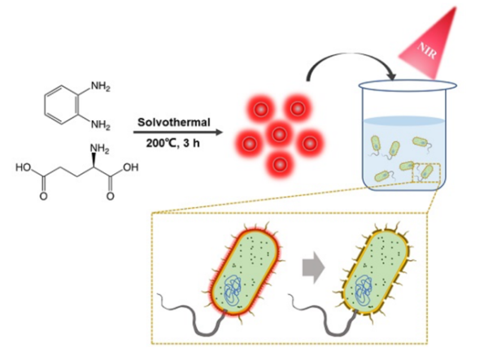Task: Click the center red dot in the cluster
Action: click(279, 134)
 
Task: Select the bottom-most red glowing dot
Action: click(279, 165)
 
